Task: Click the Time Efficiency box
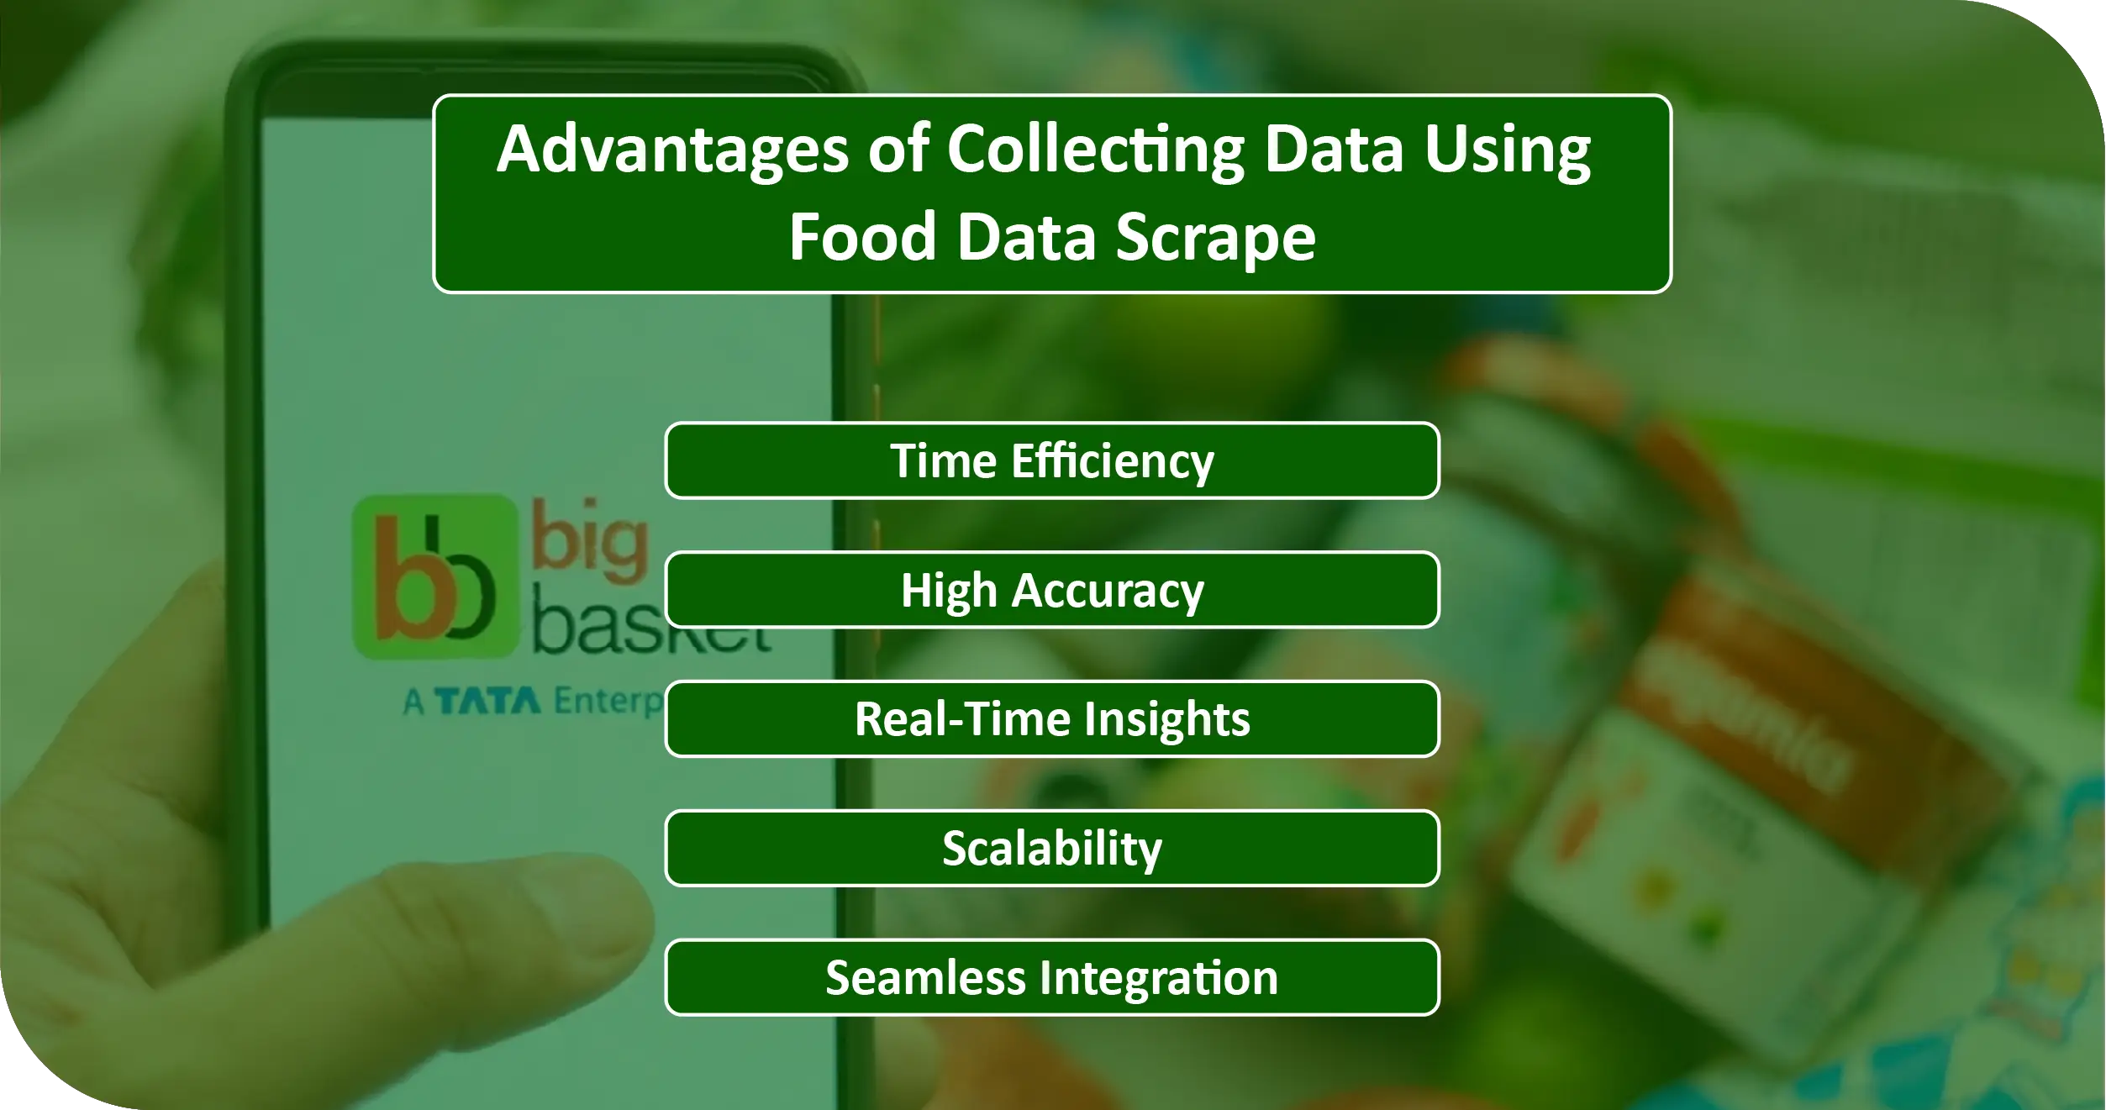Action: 1051,460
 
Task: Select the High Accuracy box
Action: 1051,590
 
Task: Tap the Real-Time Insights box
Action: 1051,719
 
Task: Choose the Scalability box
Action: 1051,849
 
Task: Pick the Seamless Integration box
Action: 1051,978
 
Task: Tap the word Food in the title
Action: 862,238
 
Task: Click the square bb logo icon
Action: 434,576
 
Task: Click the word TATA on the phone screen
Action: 488,701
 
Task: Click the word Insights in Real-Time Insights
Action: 1166,719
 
